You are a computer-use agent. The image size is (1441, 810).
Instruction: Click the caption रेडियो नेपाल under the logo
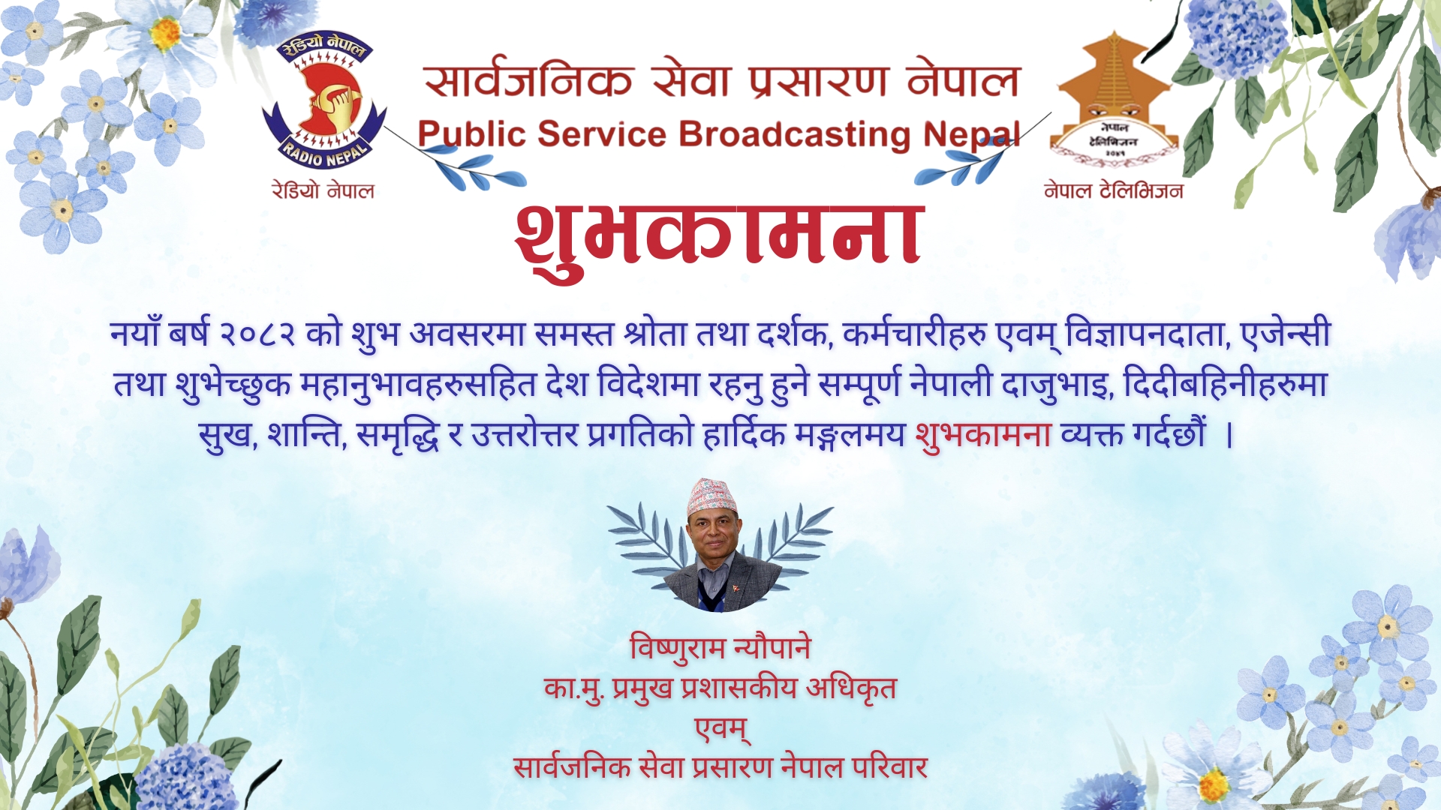tap(323, 190)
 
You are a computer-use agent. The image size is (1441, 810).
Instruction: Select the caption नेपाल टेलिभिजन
tap(1114, 190)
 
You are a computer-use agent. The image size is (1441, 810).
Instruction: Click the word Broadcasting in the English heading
tap(795, 135)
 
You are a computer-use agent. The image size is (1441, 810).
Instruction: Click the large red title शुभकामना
tap(719, 236)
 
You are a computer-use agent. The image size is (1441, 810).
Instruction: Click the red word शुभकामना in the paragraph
tap(983, 434)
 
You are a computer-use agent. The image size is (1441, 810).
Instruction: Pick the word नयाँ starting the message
tap(135, 332)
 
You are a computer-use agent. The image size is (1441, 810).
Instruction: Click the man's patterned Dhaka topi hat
tap(711, 496)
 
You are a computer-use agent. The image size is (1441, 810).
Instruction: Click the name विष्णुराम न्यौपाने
tap(720, 648)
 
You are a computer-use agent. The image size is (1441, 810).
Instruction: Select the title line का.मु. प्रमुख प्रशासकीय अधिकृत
tap(720, 688)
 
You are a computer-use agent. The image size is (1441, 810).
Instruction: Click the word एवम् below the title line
tap(721, 729)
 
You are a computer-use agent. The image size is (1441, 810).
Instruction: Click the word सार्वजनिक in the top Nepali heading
tap(528, 80)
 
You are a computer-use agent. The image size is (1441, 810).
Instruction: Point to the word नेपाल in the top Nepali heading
tap(964, 80)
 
